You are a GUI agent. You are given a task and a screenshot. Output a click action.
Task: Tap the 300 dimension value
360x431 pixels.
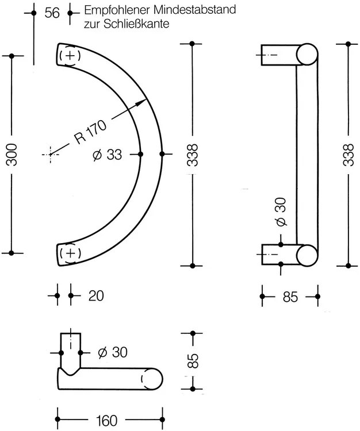pos(12,155)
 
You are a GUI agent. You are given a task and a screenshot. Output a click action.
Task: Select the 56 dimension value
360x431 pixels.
pos(52,13)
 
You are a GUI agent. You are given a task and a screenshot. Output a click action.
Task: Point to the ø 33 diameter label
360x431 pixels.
pos(108,155)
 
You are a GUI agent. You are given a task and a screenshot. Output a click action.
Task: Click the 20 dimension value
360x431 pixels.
pos(96,296)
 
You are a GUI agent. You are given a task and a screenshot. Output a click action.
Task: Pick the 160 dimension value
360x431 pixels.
pos(106,421)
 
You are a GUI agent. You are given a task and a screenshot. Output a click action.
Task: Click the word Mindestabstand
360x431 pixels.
pos(195,10)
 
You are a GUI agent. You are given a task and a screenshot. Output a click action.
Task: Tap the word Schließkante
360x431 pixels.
pos(136,24)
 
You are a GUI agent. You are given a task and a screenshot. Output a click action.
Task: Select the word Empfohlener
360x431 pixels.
pos(117,10)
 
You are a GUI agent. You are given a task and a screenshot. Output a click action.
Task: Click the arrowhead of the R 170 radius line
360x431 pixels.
pos(143,102)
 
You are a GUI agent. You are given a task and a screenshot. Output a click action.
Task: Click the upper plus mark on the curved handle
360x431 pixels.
pos(70,56)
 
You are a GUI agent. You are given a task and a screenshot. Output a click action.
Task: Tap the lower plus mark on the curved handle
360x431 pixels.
pos(70,252)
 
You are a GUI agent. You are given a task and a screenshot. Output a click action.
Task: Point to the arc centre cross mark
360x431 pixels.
pos(51,155)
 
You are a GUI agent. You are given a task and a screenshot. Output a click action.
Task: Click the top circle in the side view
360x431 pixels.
pos(307,55)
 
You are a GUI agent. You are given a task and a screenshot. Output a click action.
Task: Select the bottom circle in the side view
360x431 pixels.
pos(307,255)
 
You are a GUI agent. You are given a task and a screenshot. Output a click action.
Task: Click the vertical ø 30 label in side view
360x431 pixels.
pos(281,212)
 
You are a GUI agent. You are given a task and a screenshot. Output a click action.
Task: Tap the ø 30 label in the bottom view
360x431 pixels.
pos(113,352)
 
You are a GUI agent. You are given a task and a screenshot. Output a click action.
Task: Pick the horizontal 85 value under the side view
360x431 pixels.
pos(290,297)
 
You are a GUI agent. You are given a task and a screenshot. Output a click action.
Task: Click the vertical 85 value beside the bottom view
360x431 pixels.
pos(193,361)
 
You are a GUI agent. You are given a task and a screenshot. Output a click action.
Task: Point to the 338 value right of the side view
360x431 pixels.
pos(348,155)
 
